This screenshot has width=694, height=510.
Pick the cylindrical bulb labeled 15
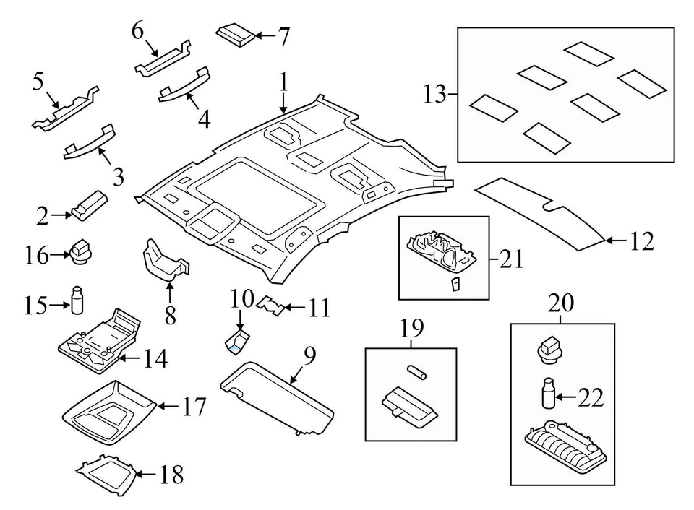point(77,301)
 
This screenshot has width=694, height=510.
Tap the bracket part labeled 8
point(166,260)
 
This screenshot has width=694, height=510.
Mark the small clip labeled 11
point(271,307)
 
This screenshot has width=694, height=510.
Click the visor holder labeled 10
point(236,340)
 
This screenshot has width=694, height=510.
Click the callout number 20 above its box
point(562,304)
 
